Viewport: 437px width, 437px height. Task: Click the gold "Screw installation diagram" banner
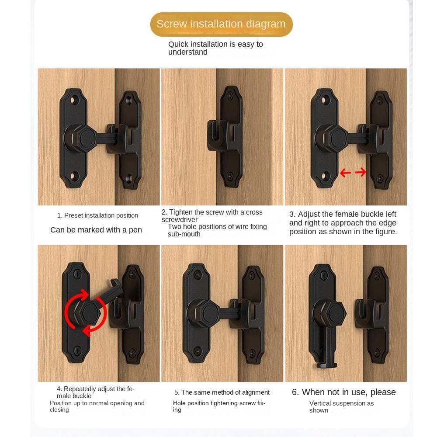click(x=221, y=24)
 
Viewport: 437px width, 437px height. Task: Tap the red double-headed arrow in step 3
click(x=353, y=173)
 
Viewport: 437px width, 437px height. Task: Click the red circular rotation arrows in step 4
click(x=86, y=313)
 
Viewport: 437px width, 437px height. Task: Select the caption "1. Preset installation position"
click(x=97, y=215)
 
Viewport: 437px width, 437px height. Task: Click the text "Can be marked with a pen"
click(x=96, y=230)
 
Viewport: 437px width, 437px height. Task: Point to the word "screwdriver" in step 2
click(x=180, y=220)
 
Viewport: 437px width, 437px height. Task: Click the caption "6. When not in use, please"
click(x=343, y=392)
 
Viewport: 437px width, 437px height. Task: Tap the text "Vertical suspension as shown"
click(x=341, y=407)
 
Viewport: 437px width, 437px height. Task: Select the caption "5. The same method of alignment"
click(x=222, y=392)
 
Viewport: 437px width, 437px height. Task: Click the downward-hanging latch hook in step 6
click(x=324, y=350)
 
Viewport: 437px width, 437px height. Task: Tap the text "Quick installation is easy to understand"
click(x=215, y=48)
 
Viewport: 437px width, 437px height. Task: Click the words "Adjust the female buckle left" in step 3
click(x=347, y=214)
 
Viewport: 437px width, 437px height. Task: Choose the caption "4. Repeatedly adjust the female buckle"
click(x=96, y=392)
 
